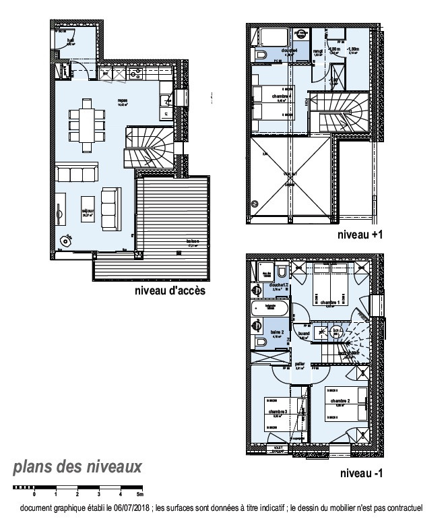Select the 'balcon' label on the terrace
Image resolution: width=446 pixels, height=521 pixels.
(x=193, y=244)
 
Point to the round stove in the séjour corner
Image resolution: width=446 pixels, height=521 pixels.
(x=66, y=238)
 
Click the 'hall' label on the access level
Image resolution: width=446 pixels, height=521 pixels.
(x=70, y=40)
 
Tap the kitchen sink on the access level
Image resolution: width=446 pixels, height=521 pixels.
(x=164, y=100)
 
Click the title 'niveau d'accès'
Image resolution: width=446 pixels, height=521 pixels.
(x=169, y=292)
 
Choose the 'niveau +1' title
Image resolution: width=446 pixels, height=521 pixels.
(x=360, y=236)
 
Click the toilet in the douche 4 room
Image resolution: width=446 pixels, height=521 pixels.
(x=262, y=54)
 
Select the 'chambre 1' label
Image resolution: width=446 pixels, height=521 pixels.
(x=329, y=302)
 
